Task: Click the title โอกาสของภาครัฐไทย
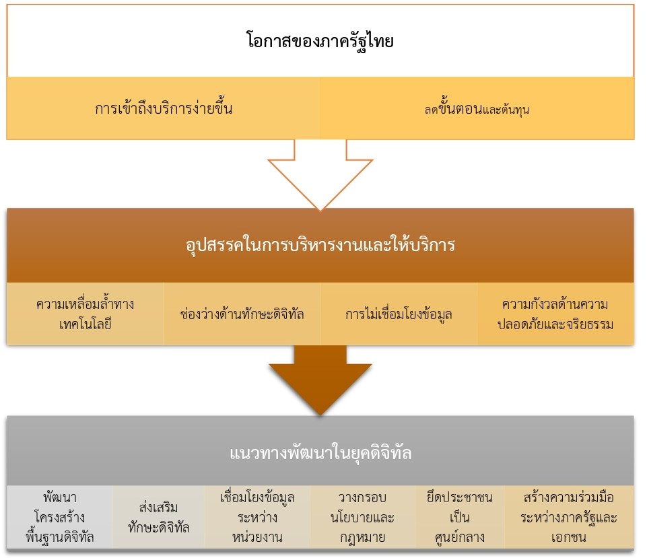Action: [x=320, y=40]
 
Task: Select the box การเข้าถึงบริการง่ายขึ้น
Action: [x=164, y=108]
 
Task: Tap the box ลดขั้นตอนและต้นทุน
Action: [x=477, y=108]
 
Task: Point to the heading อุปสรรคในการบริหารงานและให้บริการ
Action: [x=320, y=245]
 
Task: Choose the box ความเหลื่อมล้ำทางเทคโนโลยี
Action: [x=86, y=314]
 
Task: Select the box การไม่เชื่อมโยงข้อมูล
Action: [x=399, y=314]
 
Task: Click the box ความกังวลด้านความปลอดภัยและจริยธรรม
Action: [x=555, y=314]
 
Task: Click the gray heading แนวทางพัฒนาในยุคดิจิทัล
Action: [x=320, y=453]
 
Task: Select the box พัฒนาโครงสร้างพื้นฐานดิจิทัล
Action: [x=59, y=517]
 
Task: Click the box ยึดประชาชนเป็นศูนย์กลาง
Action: [x=460, y=517]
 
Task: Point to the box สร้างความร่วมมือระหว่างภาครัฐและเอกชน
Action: [x=570, y=517]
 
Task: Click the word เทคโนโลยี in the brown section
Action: [x=85, y=324]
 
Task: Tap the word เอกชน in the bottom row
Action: [x=570, y=537]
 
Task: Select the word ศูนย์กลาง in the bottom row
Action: [x=460, y=537]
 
